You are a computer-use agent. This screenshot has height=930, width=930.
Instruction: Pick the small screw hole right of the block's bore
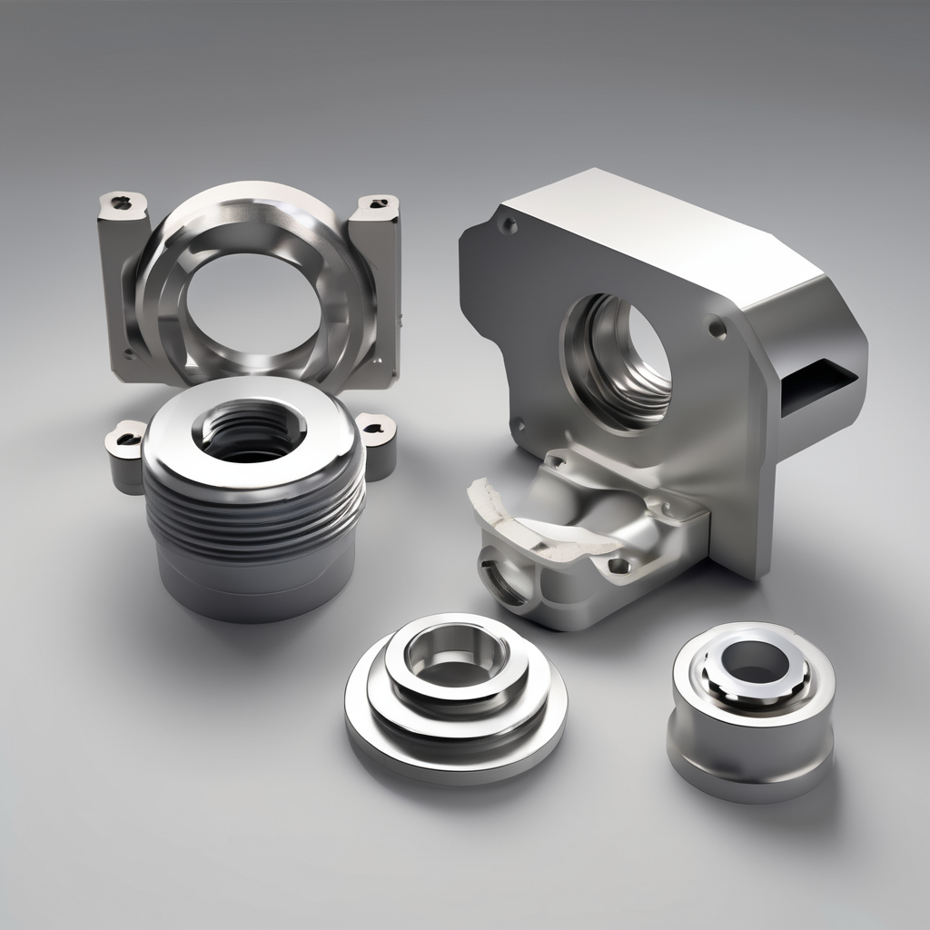(717, 328)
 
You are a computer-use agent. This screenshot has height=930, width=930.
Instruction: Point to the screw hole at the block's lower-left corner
(519, 423)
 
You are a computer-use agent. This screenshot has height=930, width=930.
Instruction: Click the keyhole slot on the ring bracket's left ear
(124, 202)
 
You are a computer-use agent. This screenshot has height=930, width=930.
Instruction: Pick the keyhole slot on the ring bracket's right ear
(378, 203)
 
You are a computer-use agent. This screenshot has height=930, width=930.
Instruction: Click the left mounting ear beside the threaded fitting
(125, 450)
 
